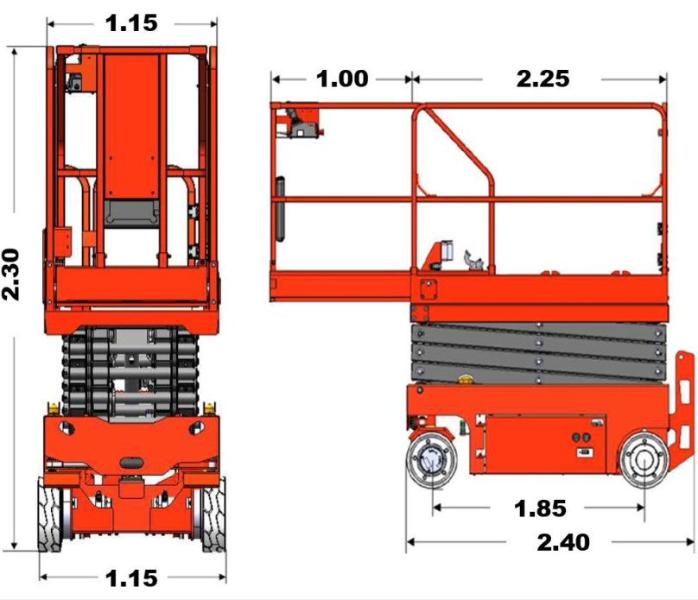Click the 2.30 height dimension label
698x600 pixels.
coord(10,275)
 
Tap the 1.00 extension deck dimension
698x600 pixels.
coord(342,79)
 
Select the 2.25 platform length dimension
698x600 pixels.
coord(543,79)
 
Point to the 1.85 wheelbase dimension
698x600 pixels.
coord(540,508)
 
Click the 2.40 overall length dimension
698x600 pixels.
coord(563,542)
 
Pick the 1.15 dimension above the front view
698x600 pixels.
coord(131,23)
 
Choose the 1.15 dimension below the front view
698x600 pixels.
coord(131,578)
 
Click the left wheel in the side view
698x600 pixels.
coord(431,460)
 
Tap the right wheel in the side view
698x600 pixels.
coord(644,460)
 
